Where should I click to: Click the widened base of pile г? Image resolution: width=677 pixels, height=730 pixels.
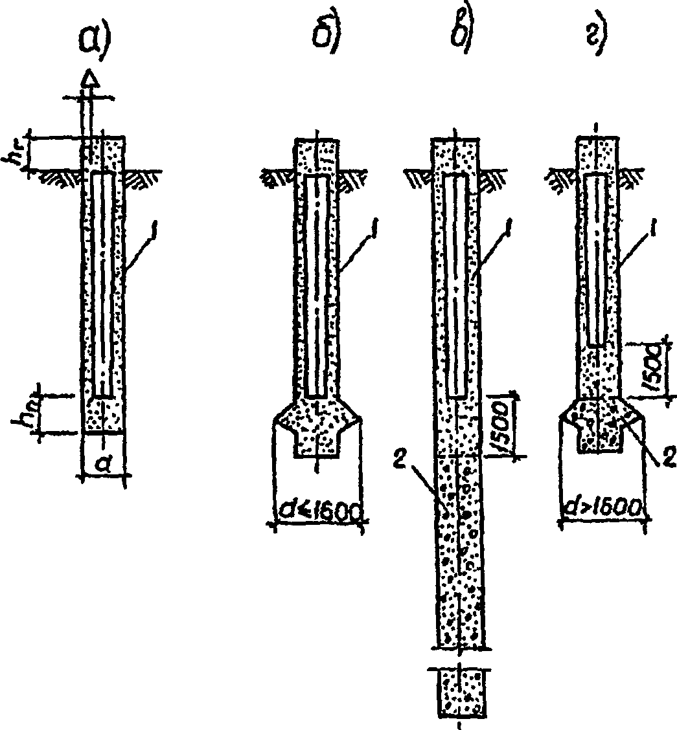tap(600, 426)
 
